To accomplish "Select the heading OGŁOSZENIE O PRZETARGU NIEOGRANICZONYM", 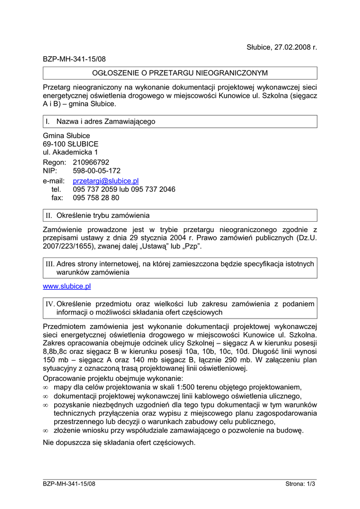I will point(180,73).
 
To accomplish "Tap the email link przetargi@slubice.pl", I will point(105,180).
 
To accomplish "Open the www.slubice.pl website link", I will point(67,286).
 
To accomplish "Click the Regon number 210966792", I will point(91,162).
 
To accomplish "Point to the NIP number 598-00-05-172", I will point(96,170).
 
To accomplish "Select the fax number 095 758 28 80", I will point(96,197).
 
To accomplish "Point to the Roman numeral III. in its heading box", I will point(50,264).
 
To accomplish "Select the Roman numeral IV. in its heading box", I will point(50,304).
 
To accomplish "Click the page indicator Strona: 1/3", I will point(301,483).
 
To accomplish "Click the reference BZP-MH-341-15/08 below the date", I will point(74,59).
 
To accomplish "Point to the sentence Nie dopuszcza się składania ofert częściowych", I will point(119,442).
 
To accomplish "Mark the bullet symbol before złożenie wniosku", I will point(45,430).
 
